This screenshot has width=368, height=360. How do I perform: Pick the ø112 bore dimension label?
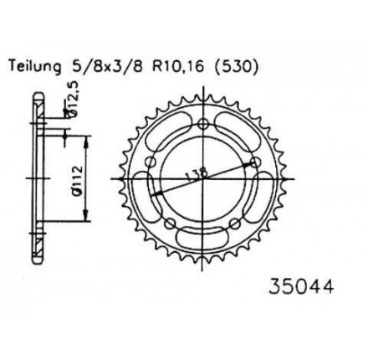tap(77, 179)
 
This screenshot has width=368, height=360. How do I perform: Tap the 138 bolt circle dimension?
tap(197, 174)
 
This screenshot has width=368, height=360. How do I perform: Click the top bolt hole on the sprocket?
tap(203, 123)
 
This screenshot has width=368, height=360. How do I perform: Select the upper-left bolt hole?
tap(151, 162)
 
